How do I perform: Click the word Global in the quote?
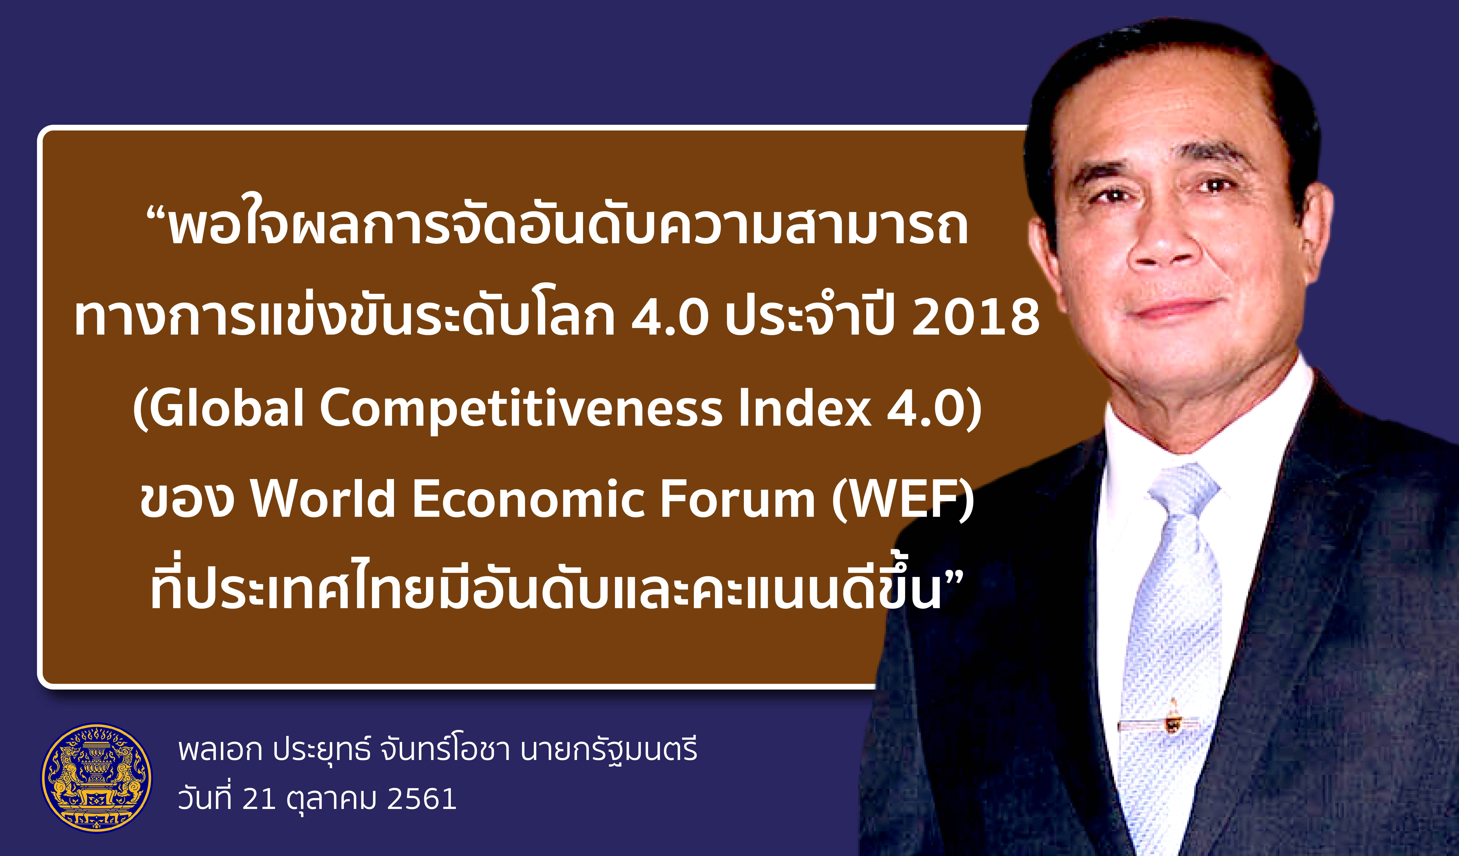pyautogui.click(x=226, y=407)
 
